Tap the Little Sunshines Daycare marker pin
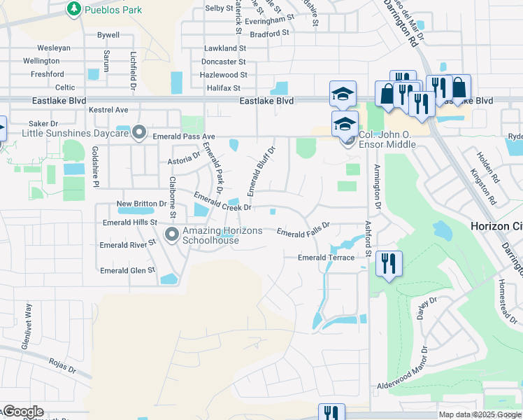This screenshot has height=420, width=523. pos(140,132)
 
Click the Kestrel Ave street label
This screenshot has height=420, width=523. pos(108,110)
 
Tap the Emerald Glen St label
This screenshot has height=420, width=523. pos(127,270)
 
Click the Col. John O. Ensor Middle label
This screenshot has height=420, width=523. pos(387,139)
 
